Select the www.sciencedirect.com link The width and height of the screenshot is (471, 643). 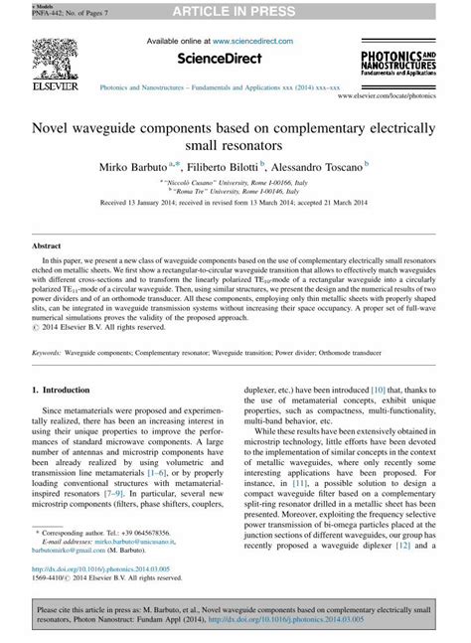click(x=257, y=42)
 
